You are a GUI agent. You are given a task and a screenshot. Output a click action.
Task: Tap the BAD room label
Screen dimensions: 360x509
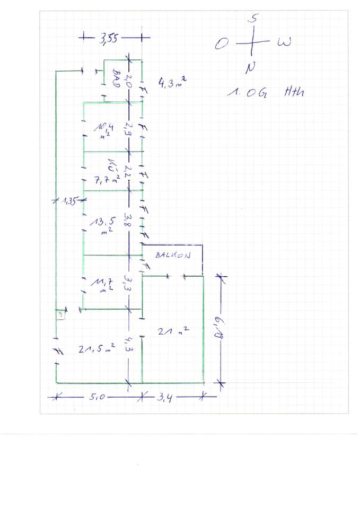[x=116, y=77]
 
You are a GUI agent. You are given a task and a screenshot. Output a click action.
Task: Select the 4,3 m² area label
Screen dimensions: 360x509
[x=171, y=82]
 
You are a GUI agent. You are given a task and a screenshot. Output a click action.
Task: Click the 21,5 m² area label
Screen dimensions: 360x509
[x=96, y=349]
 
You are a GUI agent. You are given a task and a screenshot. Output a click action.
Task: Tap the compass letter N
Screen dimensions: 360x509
[x=251, y=67]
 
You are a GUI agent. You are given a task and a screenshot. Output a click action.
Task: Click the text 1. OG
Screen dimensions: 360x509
[x=247, y=93]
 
